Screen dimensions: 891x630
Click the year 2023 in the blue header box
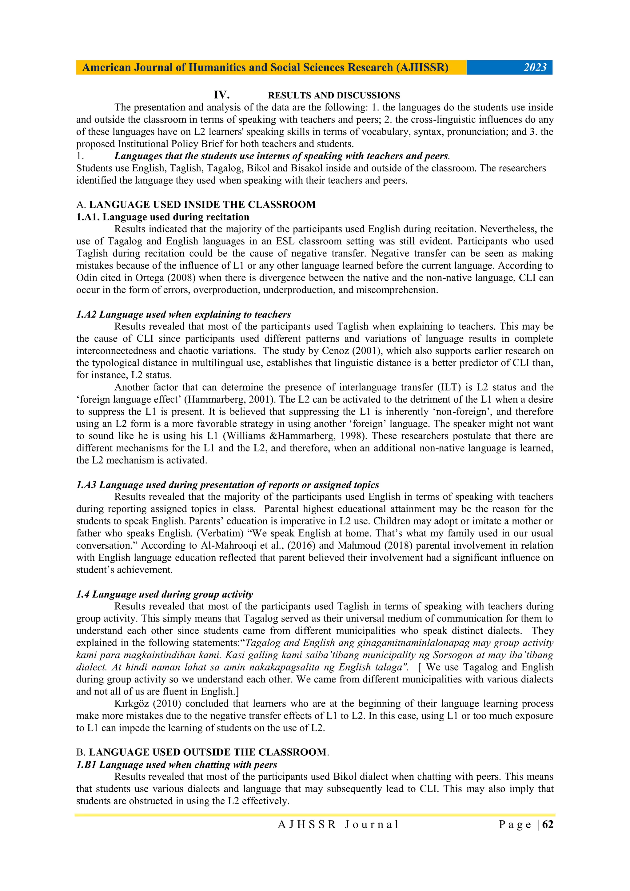click(x=535, y=68)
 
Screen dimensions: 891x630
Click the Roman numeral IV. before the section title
click(x=222, y=95)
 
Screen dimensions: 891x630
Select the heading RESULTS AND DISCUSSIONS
click(x=334, y=95)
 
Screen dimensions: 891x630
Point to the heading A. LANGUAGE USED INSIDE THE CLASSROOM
click(x=196, y=205)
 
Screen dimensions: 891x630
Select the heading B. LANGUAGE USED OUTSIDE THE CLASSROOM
click(x=202, y=752)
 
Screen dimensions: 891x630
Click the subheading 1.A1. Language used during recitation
click(x=163, y=217)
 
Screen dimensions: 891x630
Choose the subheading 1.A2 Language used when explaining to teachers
click(x=183, y=314)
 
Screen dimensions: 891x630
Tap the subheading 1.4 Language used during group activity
click(x=165, y=594)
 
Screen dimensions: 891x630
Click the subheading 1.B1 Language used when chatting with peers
click(x=177, y=765)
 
